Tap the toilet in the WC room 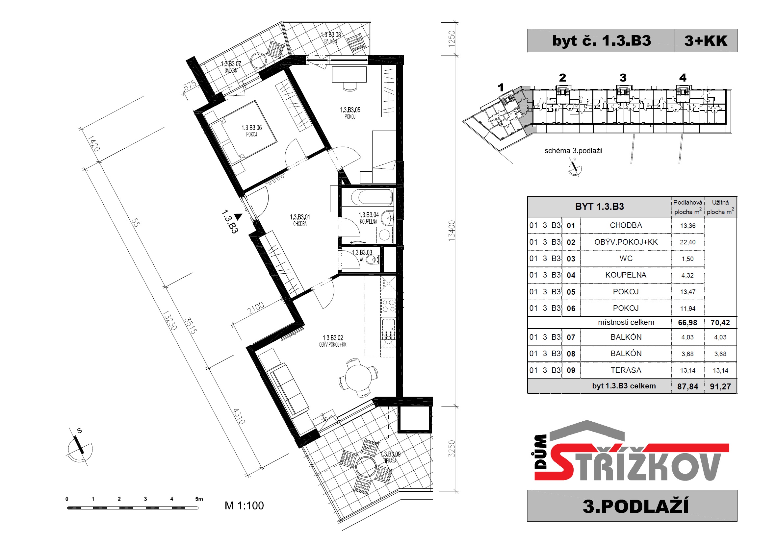click(x=372, y=260)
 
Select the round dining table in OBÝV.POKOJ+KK click(x=358, y=377)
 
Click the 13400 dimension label click(x=452, y=231)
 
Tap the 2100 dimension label click(x=256, y=308)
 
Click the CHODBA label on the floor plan click(x=300, y=224)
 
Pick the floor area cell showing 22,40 click(x=688, y=242)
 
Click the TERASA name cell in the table click(x=626, y=370)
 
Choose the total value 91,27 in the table click(x=720, y=387)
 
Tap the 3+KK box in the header click(x=706, y=40)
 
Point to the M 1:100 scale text click(x=244, y=506)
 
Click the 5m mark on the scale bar click(x=199, y=499)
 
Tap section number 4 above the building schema click(x=683, y=78)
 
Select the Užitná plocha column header click(x=720, y=207)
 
